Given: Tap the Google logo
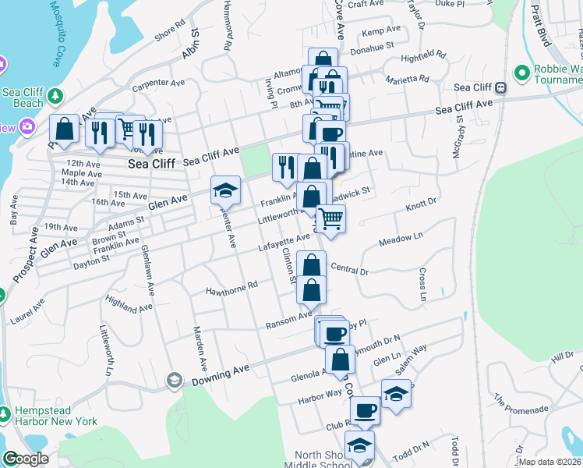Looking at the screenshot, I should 25,459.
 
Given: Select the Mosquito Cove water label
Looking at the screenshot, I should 55,34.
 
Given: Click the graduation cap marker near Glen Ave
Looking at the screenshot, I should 224,190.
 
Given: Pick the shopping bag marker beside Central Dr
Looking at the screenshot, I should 311,264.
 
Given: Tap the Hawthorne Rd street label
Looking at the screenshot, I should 231,289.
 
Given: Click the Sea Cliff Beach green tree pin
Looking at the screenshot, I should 55,96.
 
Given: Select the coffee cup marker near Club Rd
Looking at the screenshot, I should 365,410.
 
